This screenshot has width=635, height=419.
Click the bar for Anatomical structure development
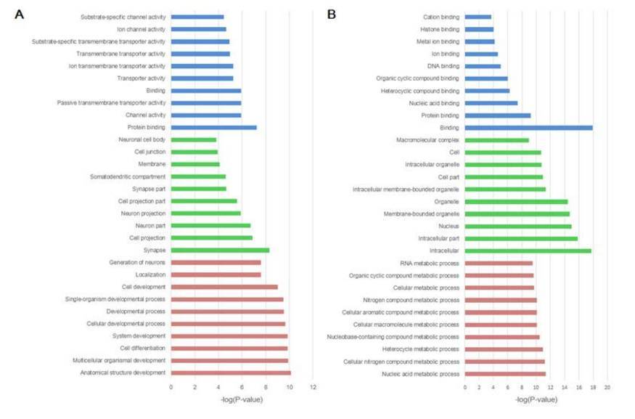click(231, 373)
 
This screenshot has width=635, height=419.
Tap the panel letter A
click(20, 14)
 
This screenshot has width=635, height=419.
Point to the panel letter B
click(332, 14)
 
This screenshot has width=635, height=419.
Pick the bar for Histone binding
click(479, 29)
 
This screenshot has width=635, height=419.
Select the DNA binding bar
click(483, 66)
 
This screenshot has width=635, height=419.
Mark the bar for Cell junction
click(194, 152)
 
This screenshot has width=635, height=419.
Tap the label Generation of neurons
click(137, 262)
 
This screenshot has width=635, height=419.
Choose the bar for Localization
click(216, 274)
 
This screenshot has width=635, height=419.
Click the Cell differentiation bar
click(229, 349)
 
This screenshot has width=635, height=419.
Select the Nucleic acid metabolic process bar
click(505, 374)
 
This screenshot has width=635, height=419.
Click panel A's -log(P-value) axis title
click(241, 399)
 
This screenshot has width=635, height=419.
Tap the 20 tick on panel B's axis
click(607, 387)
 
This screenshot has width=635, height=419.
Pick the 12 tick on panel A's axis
click(313, 387)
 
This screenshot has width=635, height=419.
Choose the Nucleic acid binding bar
click(491, 103)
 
